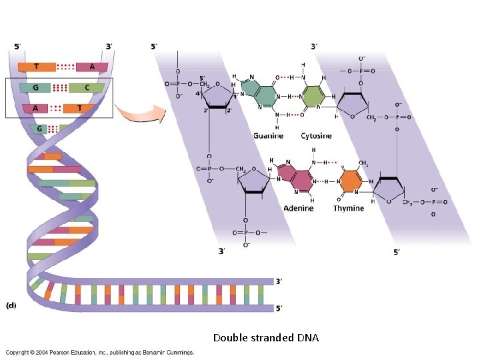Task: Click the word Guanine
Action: pos(268,136)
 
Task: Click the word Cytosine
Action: pos(316,136)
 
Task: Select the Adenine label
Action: pos(298,209)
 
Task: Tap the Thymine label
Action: pos(349,209)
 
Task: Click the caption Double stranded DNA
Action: pos(266,338)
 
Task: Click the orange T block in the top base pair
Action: pos(37,67)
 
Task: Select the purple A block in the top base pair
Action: pos(91,67)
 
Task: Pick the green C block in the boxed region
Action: pos(87,87)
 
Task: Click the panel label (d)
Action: pos(11,306)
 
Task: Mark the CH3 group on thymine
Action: pos(363,161)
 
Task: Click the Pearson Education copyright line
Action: pos(100,352)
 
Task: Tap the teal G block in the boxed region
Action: pos(34,87)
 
